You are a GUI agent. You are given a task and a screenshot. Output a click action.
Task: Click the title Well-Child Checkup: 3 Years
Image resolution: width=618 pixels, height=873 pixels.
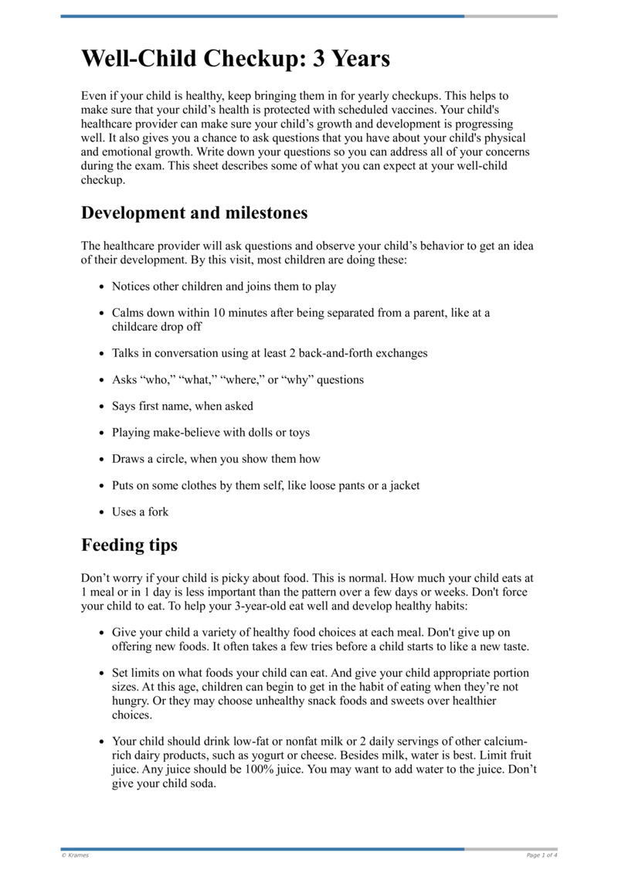pyautogui.click(x=236, y=58)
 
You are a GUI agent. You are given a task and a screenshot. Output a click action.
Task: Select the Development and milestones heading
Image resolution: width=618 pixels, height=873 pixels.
pyautogui.click(x=194, y=212)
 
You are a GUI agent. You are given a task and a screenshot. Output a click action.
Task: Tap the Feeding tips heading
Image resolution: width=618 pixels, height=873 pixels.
pyautogui.click(x=129, y=545)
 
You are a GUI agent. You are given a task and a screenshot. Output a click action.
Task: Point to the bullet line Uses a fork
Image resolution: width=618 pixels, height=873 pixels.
pyautogui.click(x=140, y=511)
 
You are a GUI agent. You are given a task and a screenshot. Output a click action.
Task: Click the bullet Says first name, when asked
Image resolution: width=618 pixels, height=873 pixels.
pyautogui.click(x=182, y=406)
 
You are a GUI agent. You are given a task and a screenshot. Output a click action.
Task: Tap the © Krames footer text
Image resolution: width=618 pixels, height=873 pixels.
pyautogui.click(x=75, y=855)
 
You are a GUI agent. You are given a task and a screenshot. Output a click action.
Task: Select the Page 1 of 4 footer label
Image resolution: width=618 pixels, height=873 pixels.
pyautogui.click(x=542, y=855)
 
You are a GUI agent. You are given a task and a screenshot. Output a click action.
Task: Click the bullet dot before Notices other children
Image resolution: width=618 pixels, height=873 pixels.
pyautogui.click(x=102, y=287)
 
